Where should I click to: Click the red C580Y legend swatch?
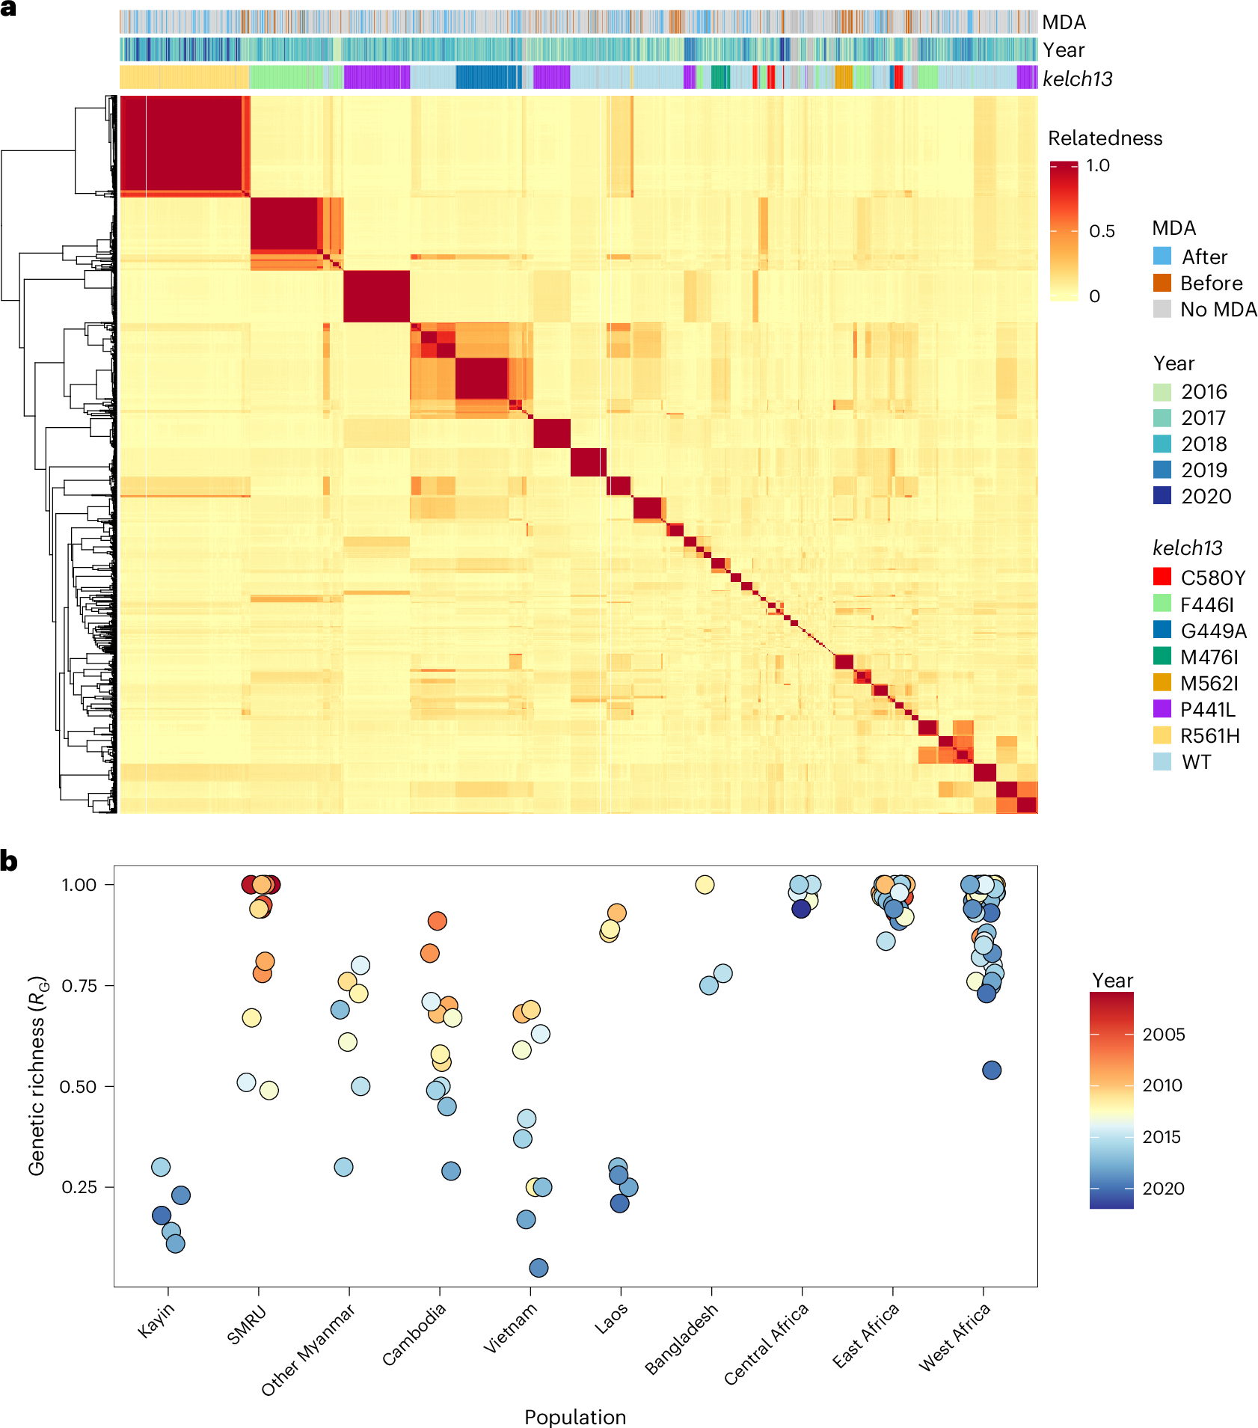[1162, 576]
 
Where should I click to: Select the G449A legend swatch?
[1162, 629]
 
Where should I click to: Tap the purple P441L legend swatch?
[1162, 708]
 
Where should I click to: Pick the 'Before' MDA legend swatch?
[1162, 283]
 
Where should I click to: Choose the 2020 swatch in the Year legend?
[1162, 495]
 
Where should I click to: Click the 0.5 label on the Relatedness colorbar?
[1101, 231]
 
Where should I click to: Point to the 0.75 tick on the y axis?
[79, 985]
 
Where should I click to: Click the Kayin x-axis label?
[156, 1320]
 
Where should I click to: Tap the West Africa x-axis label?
[954, 1337]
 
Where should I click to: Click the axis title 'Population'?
[574, 1417]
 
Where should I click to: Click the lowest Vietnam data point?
[539, 1267]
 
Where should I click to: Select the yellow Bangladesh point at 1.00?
[705, 884]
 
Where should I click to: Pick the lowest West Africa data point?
[992, 1070]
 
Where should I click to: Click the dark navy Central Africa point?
[801, 908]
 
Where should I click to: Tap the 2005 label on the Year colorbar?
[1163, 1035]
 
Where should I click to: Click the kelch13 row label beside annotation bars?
[1077, 79]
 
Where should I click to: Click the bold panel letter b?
[9, 862]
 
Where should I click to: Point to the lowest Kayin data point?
[175, 1243]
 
